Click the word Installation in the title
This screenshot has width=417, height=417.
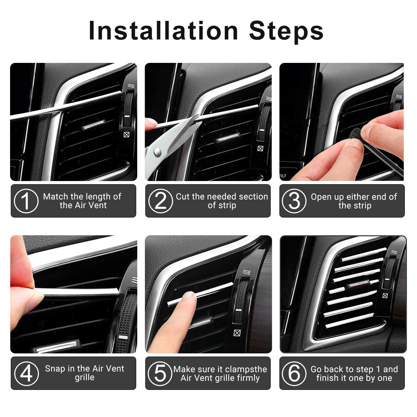click(163, 31)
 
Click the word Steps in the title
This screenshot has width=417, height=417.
click(286, 32)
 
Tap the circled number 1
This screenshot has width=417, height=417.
click(26, 201)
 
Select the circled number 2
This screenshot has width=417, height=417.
click(161, 201)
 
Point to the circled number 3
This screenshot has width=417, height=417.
click(294, 201)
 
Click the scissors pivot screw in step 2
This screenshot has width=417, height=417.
click(157, 152)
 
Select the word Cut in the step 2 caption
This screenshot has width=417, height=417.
click(183, 196)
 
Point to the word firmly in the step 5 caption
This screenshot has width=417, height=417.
click(248, 378)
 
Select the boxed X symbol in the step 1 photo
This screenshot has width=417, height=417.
click(126, 134)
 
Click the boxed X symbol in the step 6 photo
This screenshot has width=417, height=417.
click(385, 296)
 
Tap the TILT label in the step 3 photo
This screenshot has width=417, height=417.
click(283, 176)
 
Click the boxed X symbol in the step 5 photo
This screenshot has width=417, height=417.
click(237, 333)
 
